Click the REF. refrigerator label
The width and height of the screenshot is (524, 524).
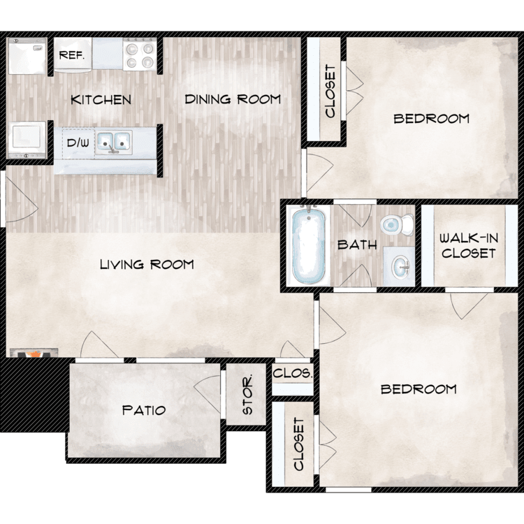[x=71, y=54]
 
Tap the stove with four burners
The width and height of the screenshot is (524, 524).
[x=140, y=54]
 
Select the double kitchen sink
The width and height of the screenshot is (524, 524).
[x=114, y=143]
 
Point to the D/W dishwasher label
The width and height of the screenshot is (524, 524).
[x=78, y=143]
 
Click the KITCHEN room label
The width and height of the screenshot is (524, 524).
[x=101, y=100]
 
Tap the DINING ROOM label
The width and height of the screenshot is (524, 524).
[x=233, y=99]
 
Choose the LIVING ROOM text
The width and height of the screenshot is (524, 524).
[x=147, y=264]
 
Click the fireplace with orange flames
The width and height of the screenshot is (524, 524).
[x=34, y=354]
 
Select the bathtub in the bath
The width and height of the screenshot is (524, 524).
[x=308, y=245]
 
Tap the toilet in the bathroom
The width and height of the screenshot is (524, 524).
[x=397, y=224]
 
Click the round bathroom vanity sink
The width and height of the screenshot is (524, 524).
[x=400, y=267]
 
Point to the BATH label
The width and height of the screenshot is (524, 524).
[x=357, y=245]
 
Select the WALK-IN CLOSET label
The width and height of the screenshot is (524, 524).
[x=469, y=246]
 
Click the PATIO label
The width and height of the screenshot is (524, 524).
[x=144, y=410]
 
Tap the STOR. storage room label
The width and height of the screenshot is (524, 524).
[x=247, y=395]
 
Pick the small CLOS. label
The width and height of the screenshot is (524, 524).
[x=293, y=373]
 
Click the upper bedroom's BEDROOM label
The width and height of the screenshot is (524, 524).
[x=432, y=119]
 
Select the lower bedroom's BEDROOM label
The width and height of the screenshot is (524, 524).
[x=419, y=389]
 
